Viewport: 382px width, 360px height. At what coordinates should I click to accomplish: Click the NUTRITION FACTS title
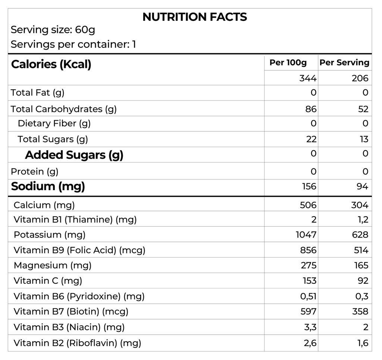coord(194,17)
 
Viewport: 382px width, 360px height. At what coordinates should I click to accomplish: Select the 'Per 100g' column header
coord(288,63)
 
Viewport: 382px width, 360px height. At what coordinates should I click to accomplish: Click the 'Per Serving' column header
coord(344,63)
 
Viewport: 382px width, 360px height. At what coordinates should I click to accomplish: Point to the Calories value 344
coord(308,78)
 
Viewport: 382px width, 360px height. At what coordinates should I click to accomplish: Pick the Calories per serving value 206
coord(360,78)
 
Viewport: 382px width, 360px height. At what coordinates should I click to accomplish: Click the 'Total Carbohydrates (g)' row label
coord(63,109)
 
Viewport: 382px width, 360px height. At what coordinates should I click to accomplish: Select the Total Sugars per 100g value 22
coord(311,139)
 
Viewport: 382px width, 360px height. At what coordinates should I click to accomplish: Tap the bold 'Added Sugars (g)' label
coord(74,155)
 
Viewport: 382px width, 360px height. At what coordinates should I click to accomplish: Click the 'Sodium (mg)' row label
coord(48,186)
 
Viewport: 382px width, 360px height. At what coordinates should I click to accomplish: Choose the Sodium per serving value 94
coord(362,186)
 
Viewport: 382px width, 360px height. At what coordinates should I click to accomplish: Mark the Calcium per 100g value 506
coord(308,205)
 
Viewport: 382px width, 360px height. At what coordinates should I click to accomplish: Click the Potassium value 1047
coord(306,235)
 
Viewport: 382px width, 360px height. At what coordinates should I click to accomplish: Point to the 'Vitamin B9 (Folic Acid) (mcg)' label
coord(79,250)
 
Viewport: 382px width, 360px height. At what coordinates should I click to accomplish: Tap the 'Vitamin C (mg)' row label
coord(48,281)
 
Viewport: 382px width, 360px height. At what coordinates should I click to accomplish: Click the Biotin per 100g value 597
coord(308,311)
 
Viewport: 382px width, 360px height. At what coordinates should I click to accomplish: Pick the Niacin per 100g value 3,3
coord(310,327)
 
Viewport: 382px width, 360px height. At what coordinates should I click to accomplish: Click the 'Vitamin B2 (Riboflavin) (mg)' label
coord(77,342)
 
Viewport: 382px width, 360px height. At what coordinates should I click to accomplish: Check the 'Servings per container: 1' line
coord(73,44)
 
